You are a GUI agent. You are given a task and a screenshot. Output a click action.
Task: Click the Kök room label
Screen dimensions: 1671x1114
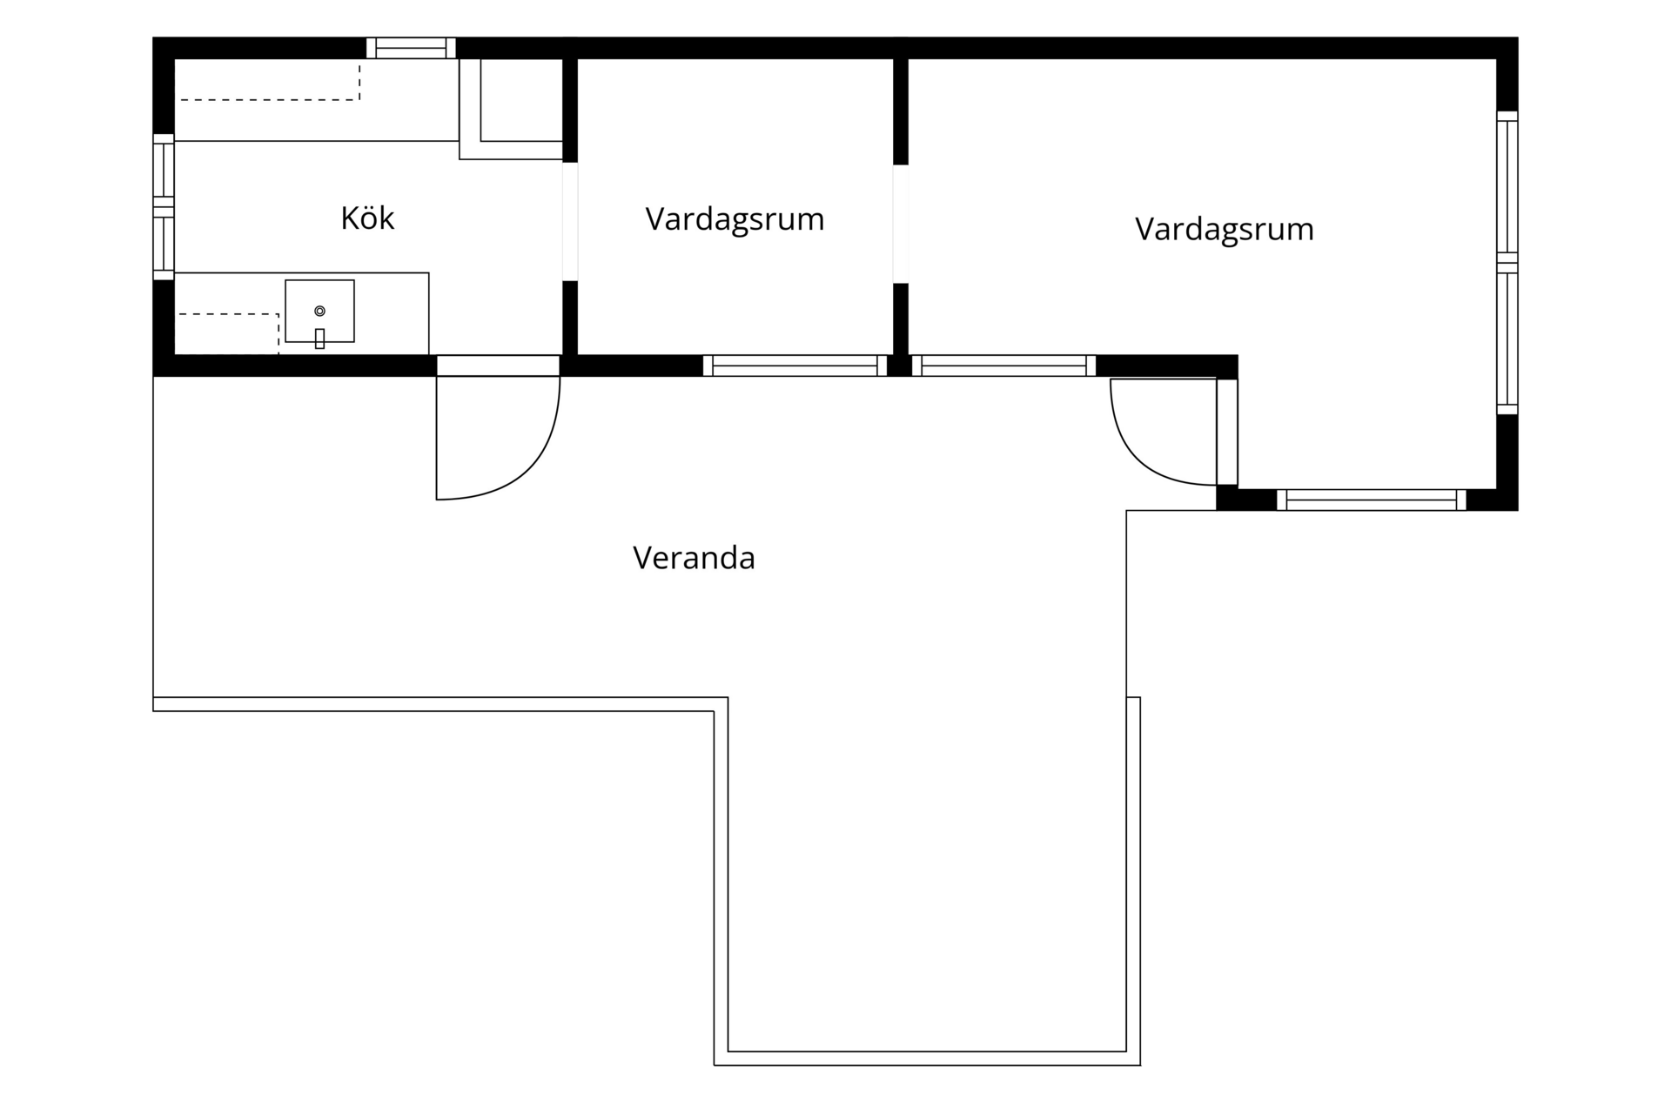click(367, 218)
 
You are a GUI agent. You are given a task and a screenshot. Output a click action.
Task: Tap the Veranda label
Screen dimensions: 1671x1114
click(694, 558)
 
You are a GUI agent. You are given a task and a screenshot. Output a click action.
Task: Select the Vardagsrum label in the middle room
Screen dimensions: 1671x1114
click(735, 218)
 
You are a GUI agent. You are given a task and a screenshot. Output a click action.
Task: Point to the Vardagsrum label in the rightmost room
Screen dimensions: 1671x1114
click(1224, 229)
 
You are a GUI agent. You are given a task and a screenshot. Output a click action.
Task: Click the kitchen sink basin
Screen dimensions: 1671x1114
click(319, 311)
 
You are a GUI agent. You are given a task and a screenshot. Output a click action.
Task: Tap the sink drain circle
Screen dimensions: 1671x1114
click(319, 311)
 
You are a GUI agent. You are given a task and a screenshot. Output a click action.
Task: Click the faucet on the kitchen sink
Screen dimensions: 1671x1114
click(319, 339)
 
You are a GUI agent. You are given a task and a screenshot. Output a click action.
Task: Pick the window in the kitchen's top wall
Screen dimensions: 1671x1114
click(411, 48)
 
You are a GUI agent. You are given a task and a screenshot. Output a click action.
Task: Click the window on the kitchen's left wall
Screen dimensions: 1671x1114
click(164, 207)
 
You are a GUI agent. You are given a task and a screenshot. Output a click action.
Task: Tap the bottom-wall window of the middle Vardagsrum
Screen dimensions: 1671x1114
click(795, 366)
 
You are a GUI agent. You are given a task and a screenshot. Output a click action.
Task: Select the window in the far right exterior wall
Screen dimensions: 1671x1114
click(1507, 263)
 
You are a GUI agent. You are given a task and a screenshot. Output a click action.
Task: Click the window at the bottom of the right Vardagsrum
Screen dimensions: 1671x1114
click(1371, 500)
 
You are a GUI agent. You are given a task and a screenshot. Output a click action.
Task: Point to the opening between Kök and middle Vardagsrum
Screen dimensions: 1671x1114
click(570, 222)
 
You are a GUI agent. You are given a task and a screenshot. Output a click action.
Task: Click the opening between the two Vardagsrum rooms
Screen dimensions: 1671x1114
click(901, 224)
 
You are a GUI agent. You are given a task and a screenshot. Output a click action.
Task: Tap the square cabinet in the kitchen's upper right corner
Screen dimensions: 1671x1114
click(511, 109)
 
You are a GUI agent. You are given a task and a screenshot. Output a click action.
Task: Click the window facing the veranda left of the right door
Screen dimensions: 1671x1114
click(1003, 366)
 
